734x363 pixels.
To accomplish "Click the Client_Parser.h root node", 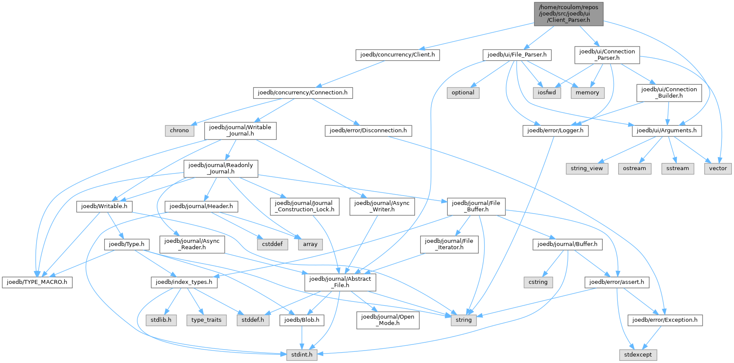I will tap(568, 14).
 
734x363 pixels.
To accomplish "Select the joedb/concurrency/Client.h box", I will tap(397, 55).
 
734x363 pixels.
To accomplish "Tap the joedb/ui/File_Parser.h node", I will tap(517, 55).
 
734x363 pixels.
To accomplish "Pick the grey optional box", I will tap(463, 93).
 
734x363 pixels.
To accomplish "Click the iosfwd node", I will tap(547, 93).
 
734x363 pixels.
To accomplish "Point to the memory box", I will tap(587, 93).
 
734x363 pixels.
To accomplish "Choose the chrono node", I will tap(179, 130).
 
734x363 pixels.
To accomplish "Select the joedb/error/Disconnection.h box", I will tap(368, 130).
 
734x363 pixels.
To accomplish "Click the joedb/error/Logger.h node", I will tap(555, 130).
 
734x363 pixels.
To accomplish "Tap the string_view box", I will tap(587, 168).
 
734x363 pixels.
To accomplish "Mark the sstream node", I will tap(677, 168).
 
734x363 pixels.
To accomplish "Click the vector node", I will tap(718, 168).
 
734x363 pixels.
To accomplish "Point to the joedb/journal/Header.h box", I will tap(201, 206).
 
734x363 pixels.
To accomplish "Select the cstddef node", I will tap(272, 244).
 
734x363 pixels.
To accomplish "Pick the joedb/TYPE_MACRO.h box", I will tap(37, 282).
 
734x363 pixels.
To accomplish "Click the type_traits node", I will tap(206, 320).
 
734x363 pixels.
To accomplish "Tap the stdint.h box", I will tap(302, 355).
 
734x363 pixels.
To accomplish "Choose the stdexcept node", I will tap(638, 355).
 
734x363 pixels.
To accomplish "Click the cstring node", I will tap(538, 282).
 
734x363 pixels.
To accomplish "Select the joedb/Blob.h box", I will tap(302, 320).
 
